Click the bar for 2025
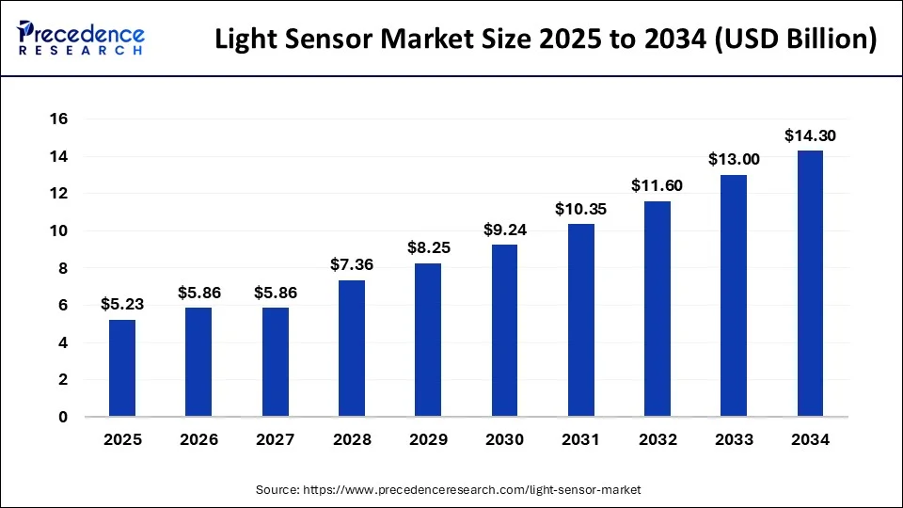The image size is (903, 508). [122, 369]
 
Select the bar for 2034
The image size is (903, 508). [810, 284]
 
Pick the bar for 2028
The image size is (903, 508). [352, 349]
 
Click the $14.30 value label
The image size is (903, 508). [810, 136]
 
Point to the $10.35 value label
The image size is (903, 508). [580, 209]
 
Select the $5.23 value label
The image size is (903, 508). [122, 304]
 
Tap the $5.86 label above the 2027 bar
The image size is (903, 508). [276, 293]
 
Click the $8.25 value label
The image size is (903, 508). [428, 248]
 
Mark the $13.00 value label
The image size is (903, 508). [734, 160]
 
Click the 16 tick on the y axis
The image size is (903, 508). [59, 119]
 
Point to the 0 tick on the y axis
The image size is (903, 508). [64, 417]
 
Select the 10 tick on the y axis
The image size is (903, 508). [59, 231]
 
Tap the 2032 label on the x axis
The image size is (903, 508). [657, 439]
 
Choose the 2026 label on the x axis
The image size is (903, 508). [199, 439]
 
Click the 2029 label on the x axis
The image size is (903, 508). [428, 439]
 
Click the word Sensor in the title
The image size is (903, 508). [335, 41]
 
